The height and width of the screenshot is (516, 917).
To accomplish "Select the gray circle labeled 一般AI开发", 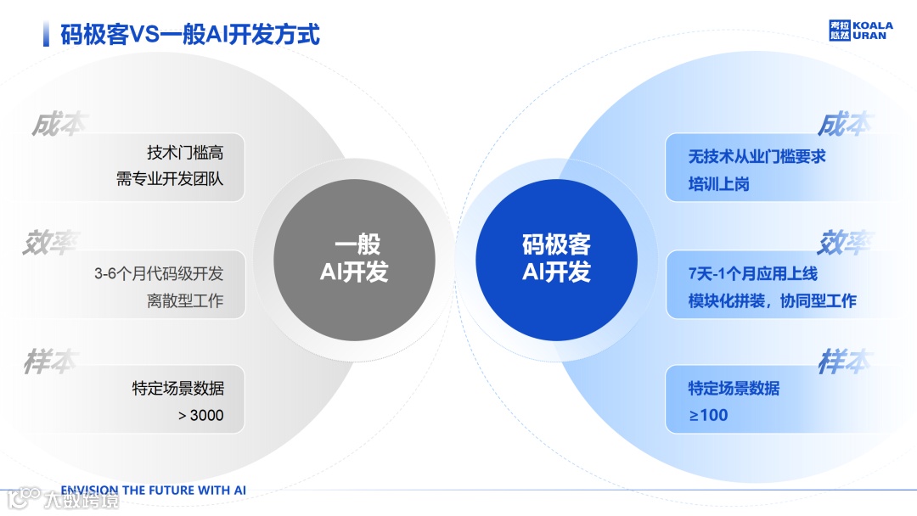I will coord(354,258).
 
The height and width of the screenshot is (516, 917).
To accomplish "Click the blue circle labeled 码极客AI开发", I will coord(556,258).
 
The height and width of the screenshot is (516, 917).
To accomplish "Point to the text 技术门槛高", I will coord(185,153).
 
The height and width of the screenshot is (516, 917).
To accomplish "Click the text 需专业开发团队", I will coord(170,179).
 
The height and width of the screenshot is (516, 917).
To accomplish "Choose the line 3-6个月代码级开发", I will coord(159,274).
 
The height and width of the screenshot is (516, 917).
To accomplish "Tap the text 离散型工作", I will coord(185,300).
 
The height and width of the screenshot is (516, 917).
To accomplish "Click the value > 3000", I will coord(200,415).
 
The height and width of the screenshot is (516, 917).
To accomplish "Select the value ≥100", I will coord(708,415).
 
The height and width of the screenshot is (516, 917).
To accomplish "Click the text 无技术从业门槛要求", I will coord(757,157).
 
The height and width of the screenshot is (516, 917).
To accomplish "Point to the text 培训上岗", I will coord(718,183).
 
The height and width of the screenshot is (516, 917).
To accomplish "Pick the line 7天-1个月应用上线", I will coord(752,274).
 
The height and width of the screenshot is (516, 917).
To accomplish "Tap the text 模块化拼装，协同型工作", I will coord(772,300).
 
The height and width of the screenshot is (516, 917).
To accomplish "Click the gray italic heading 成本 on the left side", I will coord(59,124).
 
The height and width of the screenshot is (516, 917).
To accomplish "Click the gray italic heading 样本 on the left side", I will coord(50,362).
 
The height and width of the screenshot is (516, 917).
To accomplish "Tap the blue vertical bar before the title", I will coord(46,35).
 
